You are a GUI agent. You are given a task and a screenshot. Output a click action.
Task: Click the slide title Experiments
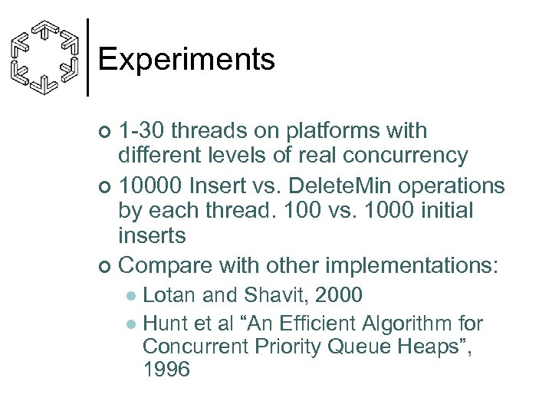(186, 59)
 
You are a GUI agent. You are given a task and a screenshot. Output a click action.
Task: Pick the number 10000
(154, 186)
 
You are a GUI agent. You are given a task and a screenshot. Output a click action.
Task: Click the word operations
(454, 186)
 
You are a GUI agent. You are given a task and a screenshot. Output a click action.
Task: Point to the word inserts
(152, 235)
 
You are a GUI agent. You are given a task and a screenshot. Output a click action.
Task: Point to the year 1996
(166, 370)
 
